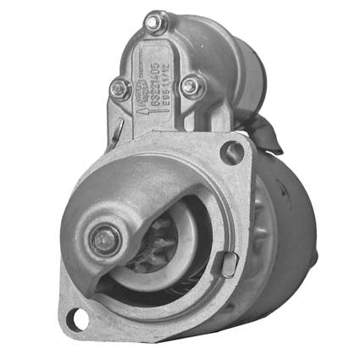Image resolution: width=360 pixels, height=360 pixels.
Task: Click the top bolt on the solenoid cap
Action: click(156, 23)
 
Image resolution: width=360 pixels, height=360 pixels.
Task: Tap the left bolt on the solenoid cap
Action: click(120, 87)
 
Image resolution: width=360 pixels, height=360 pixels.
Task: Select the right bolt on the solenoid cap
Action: click(193, 85)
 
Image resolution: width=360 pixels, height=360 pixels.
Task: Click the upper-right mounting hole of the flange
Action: click(231, 152)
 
